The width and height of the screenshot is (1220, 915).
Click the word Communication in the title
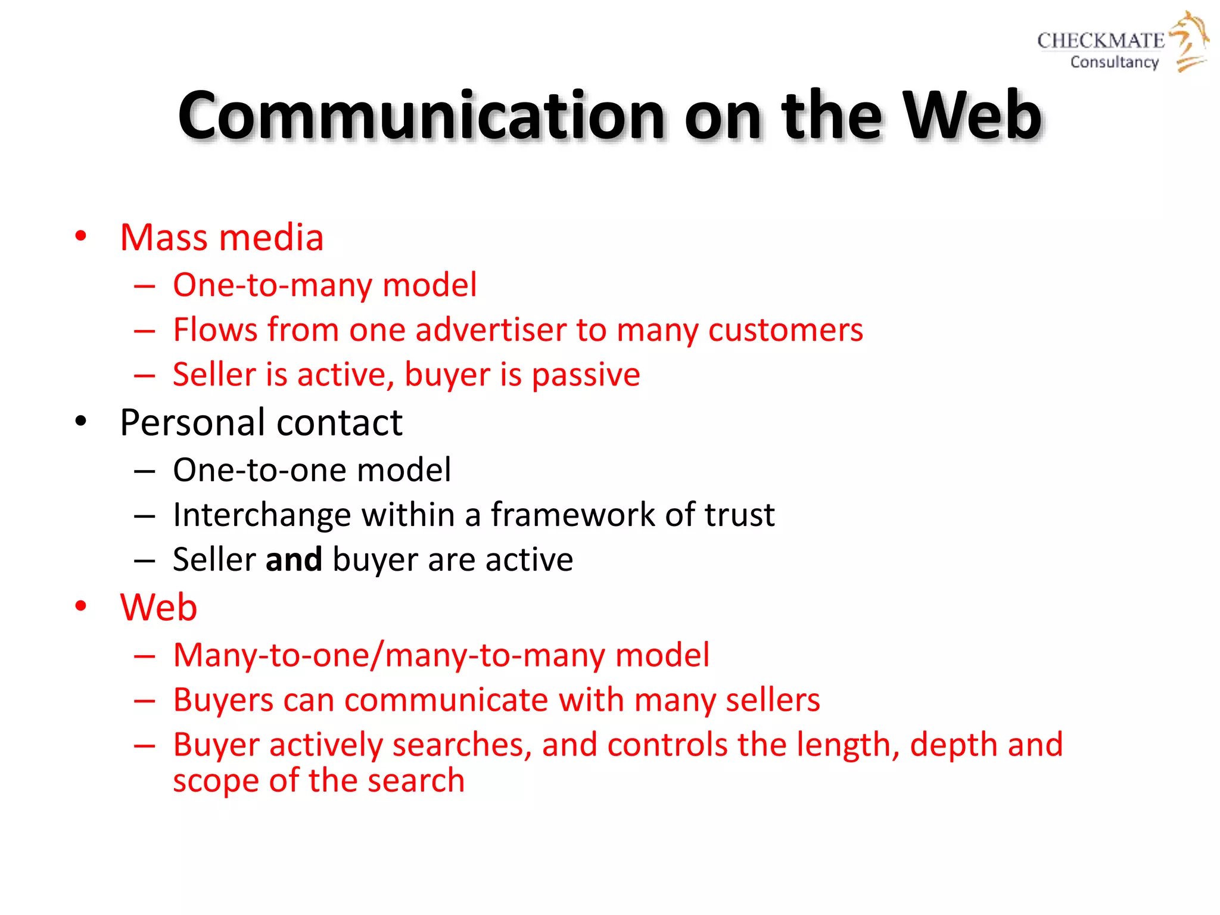coord(421,116)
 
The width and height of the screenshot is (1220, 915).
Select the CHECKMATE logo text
coord(1100,41)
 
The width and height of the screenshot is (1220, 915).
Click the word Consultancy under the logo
coord(1114,62)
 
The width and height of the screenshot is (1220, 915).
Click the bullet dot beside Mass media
coord(80,236)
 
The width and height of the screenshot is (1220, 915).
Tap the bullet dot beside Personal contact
coord(80,422)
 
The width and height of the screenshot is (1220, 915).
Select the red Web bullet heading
coord(158,608)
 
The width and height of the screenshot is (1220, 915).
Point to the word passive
coord(586,375)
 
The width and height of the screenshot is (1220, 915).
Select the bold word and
coord(294,560)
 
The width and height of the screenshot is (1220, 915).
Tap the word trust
coord(739,515)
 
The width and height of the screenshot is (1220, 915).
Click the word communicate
coord(446,700)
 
